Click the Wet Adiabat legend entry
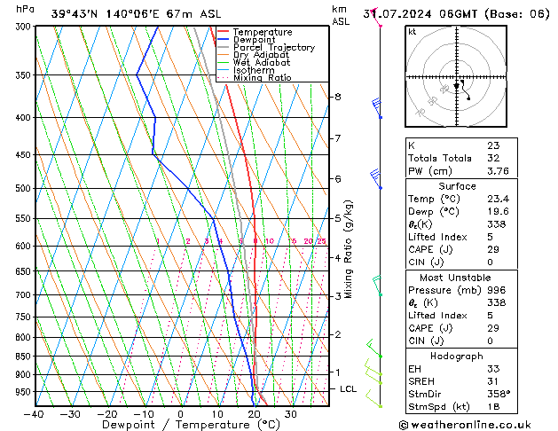tap(260, 63)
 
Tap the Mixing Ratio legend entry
tap(262, 78)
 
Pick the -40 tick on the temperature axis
tap(34, 414)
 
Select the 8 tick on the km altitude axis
tap(338, 97)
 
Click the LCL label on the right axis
tap(349, 389)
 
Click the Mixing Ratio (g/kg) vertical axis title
tap(350, 249)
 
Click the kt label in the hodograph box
tap(413, 32)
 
